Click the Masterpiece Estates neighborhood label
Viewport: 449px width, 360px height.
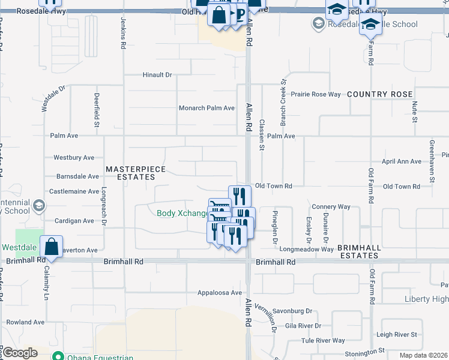click(136, 173)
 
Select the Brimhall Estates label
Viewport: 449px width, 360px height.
click(358, 251)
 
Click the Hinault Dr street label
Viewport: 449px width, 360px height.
click(157, 75)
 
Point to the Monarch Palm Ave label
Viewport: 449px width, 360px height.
click(206, 108)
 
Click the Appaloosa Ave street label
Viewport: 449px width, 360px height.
click(220, 293)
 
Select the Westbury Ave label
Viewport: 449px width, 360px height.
click(74, 158)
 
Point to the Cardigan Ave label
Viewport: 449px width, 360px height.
click(74, 221)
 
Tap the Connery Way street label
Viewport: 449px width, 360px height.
click(331, 206)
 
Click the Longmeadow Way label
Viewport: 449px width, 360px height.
click(306, 249)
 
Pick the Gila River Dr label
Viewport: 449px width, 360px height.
click(303, 326)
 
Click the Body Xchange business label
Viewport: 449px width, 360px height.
click(182, 213)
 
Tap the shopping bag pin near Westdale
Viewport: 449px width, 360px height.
click(52, 247)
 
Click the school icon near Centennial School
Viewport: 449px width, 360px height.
click(38, 206)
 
